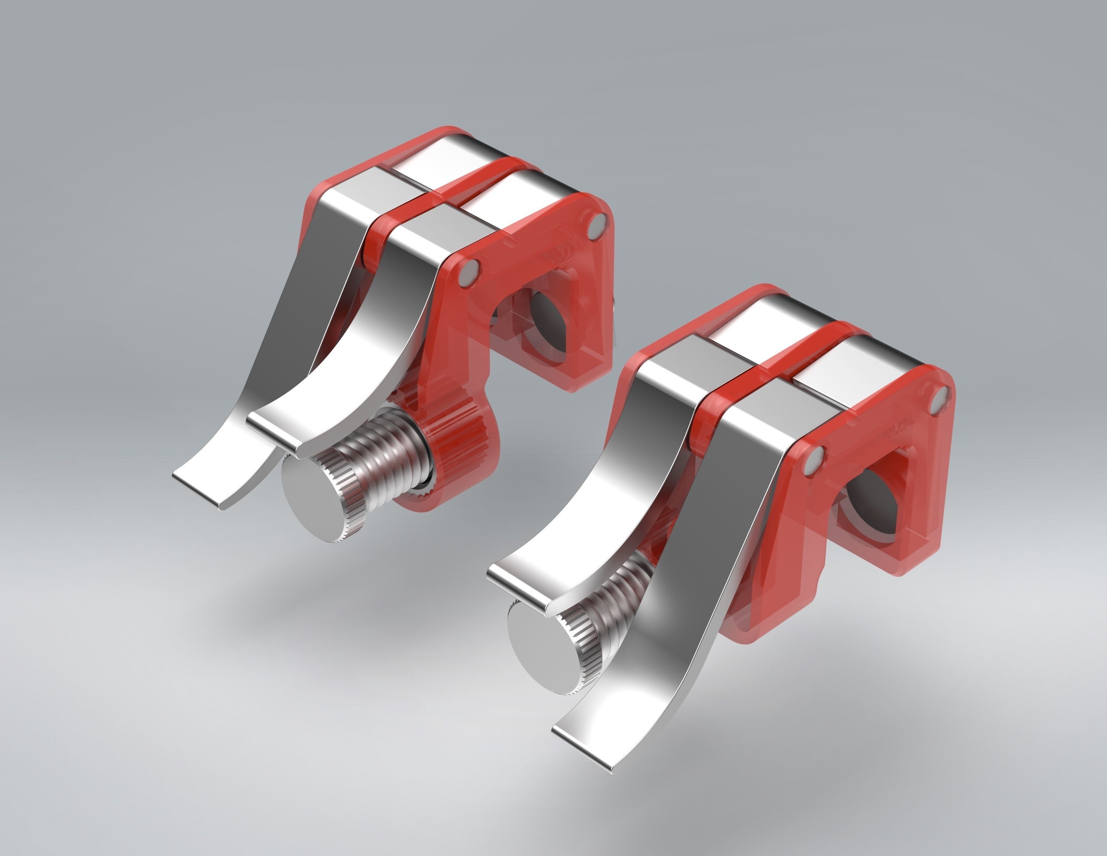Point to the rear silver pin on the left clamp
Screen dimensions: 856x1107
(x=598, y=227)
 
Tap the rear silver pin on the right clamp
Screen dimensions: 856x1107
(x=939, y=398)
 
